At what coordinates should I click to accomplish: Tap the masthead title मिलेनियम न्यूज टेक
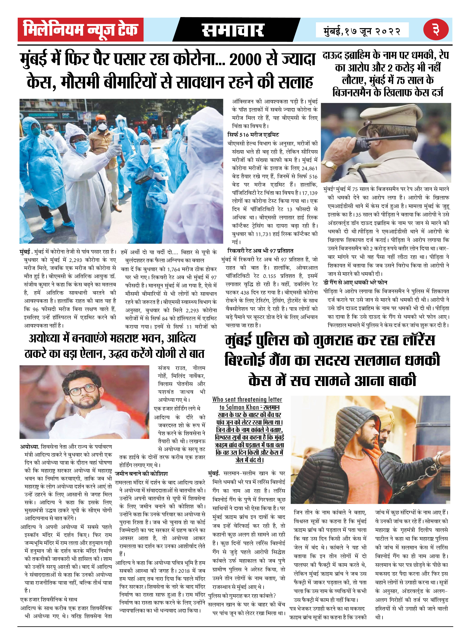(x=80, y=30)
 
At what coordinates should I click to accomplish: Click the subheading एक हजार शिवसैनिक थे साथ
(x=49, y=599)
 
